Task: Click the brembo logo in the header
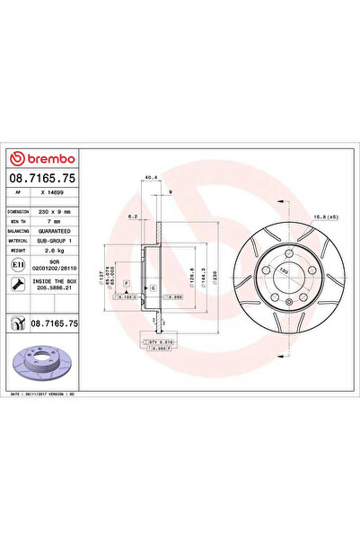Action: pos(36,148)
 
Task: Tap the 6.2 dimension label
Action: pos(132,217)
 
